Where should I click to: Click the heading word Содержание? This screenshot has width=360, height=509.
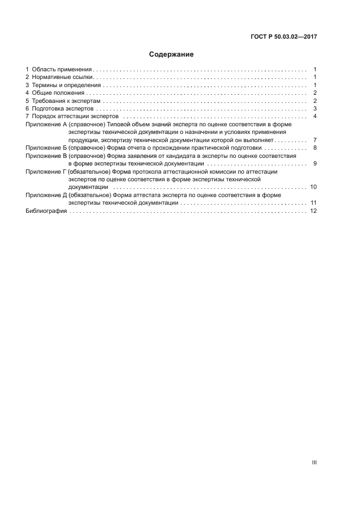point(172,54)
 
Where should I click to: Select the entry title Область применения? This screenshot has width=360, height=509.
point(62,70)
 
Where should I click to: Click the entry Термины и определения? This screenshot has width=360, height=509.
point(66,85)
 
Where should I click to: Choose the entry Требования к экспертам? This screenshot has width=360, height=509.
point(66,101)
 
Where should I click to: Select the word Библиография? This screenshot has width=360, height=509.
point(46,211)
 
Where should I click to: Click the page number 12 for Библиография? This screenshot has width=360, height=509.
point(313,211)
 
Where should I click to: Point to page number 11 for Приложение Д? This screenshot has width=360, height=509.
point(313,203)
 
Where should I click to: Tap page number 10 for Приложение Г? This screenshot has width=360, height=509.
point(313,187)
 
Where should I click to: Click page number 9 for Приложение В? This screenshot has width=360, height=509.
point(315,164)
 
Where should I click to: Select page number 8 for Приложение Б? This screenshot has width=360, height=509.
point(315,148)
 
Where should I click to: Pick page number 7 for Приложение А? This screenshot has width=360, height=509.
point(315,140)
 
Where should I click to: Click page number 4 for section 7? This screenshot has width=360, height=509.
point(315,117)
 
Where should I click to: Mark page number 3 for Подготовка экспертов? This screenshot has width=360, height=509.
point(315,109)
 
